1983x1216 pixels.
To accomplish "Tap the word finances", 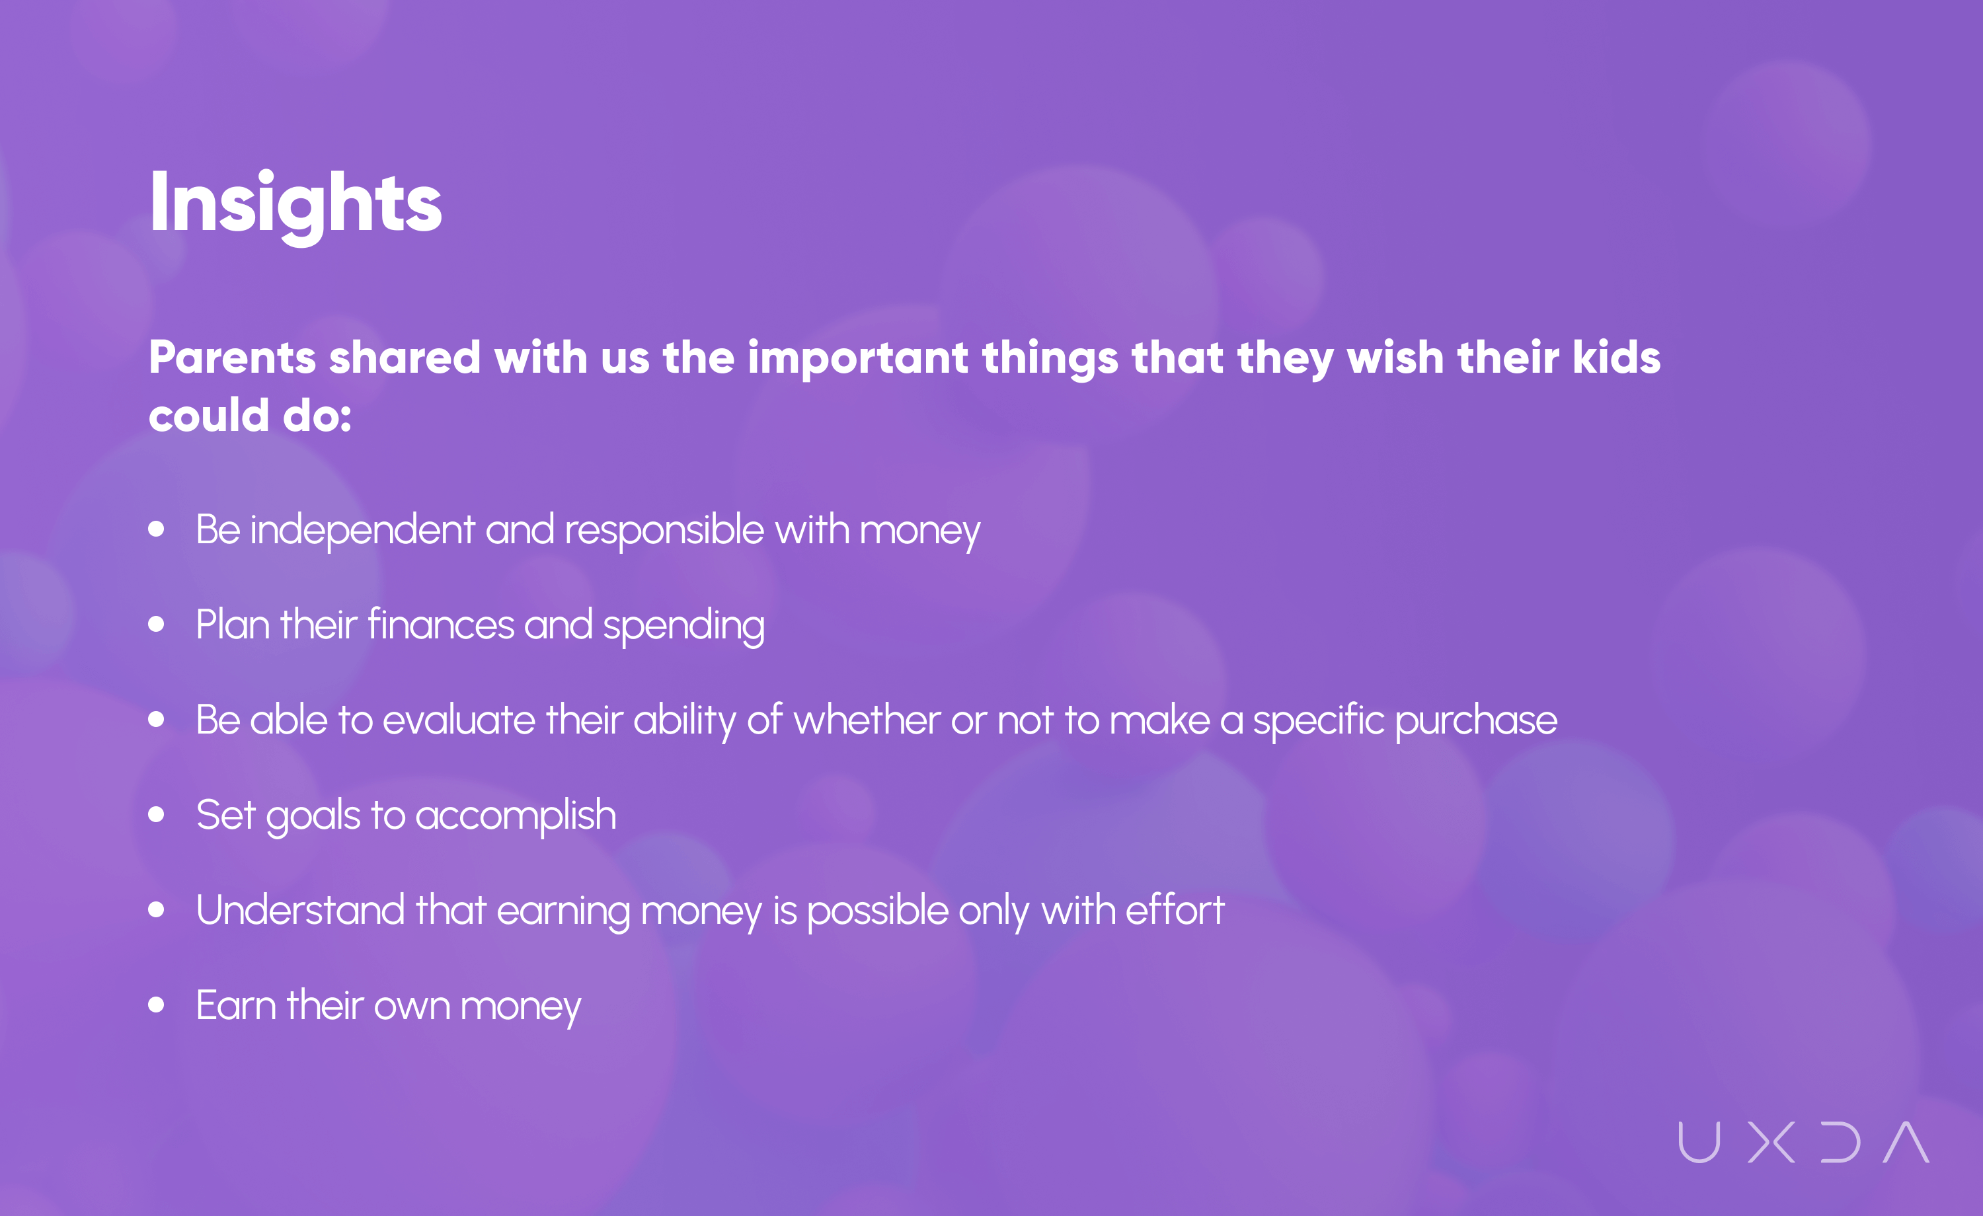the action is click(x=441, y=625).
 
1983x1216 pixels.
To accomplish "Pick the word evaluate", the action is click(x=459, y=720).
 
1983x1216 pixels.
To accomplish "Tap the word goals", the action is click(x=313, y=817).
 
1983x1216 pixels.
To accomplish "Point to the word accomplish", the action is click(x=516, y=817).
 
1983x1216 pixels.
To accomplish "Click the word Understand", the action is click(x=300, y=910).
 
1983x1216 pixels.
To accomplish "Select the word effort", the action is click(x=1175, y=910).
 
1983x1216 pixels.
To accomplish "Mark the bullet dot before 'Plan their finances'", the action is click(x=156, y=625).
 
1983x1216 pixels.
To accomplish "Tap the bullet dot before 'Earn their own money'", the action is click(x=156, y=1005).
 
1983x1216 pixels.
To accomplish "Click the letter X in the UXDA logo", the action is click(x=1771, y=1143).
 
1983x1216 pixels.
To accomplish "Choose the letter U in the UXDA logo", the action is click(x=1699, y=1143).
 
